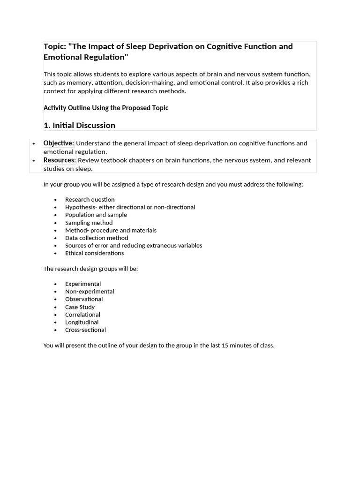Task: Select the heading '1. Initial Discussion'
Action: tap(79, 125)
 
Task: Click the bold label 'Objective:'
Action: tap(59, 143)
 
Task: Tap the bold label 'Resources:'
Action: tap(60, 160)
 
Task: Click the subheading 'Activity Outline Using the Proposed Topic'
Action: tap(105, 108)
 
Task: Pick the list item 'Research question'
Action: tap(90, 199)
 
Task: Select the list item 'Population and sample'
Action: tap(96, 215)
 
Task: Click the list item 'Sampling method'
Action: tap(89, 223)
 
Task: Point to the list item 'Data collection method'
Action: tap(96, 238)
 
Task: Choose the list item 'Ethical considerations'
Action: tap(94, 253)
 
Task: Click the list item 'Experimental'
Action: tap(83, 284)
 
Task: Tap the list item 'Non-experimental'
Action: tap(90, 291)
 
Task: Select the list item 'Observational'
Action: tap(84, 299)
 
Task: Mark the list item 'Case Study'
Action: tap(80, 307)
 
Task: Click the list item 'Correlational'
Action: tap(82, 315)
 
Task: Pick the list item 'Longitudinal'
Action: tap(82, 322)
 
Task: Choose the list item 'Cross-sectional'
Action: tap(85, 330)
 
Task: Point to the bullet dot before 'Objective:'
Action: tap(34, 143)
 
